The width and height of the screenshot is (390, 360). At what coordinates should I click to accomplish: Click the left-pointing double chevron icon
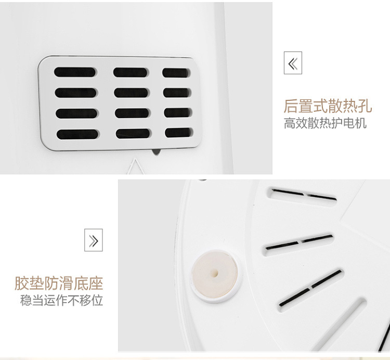(293, 63)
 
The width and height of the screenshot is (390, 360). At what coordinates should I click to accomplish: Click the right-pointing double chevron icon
(94, 240)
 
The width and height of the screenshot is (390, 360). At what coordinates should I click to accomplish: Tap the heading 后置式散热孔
(328, 106)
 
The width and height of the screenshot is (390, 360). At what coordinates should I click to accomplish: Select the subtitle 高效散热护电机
(325, 123)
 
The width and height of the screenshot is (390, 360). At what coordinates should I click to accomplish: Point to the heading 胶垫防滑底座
(59, 284)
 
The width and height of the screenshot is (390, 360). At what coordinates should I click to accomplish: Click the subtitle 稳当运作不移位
(61, 300)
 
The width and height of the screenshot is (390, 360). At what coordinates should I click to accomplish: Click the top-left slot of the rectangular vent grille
(75, 72)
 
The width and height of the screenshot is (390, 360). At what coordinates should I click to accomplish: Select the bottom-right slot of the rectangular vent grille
(178, 133)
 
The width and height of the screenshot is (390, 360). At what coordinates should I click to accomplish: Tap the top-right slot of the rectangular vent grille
(176, 73)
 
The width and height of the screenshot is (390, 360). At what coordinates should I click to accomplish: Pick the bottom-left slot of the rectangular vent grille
(77, 134)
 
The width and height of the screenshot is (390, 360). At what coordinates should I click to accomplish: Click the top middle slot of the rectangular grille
(131, 72)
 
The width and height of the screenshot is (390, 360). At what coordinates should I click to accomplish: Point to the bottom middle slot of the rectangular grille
(133, 134)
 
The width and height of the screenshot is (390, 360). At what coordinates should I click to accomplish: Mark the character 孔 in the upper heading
(365, 106)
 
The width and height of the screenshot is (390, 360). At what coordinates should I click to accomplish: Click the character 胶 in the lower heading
(22, 284)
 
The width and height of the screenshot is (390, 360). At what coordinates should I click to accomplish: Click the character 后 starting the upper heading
(291, 106)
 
